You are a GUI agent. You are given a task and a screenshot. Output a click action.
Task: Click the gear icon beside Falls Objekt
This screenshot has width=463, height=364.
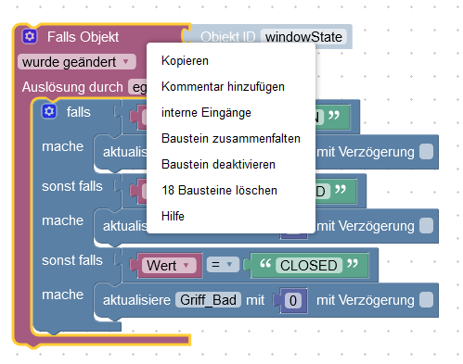[x=30, y=38]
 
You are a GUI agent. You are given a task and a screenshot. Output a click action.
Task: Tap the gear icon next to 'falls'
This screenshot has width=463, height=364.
[x=49, y=111]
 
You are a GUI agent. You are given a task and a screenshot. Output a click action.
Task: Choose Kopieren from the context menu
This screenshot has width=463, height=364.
[x=185, y=61]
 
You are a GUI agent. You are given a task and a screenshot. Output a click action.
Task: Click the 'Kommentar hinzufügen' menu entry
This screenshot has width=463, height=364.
[x=223, y=86]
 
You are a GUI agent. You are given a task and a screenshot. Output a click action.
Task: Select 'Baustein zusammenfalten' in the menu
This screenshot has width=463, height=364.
[x=230, y=138]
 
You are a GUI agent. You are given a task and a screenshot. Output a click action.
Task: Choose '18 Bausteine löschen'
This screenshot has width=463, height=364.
[x=219, y=190]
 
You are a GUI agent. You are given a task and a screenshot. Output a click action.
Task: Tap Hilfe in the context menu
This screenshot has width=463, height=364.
[x=173, y=216]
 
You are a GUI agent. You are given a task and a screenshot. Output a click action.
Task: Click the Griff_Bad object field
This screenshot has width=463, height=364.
[x=209, y=299]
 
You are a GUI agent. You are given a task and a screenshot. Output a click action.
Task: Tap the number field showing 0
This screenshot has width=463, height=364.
[x=292, y=300]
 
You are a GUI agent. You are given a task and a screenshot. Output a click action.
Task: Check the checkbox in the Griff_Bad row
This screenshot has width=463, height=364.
[x=425, y=299]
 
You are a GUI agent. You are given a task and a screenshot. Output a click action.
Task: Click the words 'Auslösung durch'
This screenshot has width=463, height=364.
[x=71, y=87]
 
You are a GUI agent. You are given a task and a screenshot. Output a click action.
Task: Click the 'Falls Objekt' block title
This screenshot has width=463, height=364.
[x=83, y=38]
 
